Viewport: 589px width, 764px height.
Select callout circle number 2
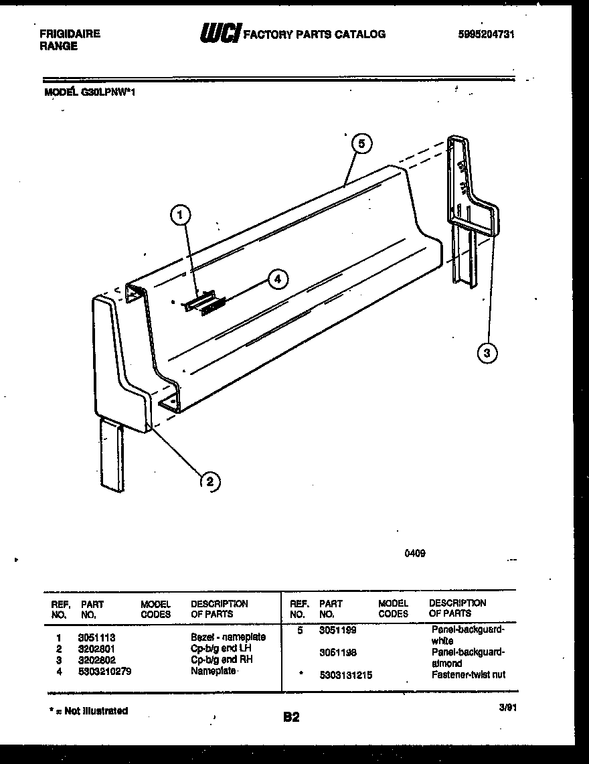(x=209, y=481)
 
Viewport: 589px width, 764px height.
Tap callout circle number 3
(x=488, y=353)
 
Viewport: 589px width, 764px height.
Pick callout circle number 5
(x=361, y=143)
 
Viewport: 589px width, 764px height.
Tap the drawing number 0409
(x=415, y=553)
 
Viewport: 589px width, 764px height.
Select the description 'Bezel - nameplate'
(x=228, y=637)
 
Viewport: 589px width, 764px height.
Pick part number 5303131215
(x=345, y=675)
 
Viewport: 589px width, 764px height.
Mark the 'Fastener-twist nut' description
(x=468, y=674)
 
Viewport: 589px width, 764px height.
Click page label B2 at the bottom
(x=291, y=717)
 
